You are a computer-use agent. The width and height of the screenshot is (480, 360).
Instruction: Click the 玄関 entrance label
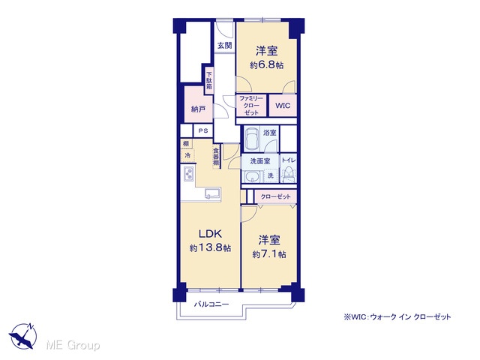(225, 46)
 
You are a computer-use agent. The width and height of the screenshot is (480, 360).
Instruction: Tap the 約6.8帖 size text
(267, 65)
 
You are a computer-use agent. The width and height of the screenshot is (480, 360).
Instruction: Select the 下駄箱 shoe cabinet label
(209, 80)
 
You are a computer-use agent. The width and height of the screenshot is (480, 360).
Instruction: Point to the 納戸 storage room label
(198, 109)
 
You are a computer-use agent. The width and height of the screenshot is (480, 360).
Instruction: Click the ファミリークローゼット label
(251, 106)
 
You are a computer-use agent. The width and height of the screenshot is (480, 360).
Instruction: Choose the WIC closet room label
(283, 106)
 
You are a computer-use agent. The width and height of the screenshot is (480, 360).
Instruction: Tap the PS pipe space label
(203, 130)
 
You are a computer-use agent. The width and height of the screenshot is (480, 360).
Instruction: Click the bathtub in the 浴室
(253, 138)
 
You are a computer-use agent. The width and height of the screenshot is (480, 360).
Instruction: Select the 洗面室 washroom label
(260, 161)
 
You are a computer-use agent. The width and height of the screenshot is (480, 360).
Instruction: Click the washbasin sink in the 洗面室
(252, 177)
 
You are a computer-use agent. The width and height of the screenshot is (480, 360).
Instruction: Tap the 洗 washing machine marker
(271, 175)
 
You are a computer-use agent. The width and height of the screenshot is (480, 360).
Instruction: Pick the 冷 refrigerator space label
(187, 155)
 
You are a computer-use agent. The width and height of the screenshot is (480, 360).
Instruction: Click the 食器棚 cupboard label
(216, 157)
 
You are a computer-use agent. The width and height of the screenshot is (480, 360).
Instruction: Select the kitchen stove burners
(188, 174)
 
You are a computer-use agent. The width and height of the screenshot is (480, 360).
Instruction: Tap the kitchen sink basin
(212, 193)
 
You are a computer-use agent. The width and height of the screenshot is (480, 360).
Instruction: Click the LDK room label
(210, 234)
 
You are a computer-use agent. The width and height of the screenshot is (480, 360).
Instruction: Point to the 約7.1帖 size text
(269, 254)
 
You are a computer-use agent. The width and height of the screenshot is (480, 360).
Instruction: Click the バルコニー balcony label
(211, 304)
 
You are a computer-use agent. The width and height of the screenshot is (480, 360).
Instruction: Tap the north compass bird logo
(22, 337)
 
